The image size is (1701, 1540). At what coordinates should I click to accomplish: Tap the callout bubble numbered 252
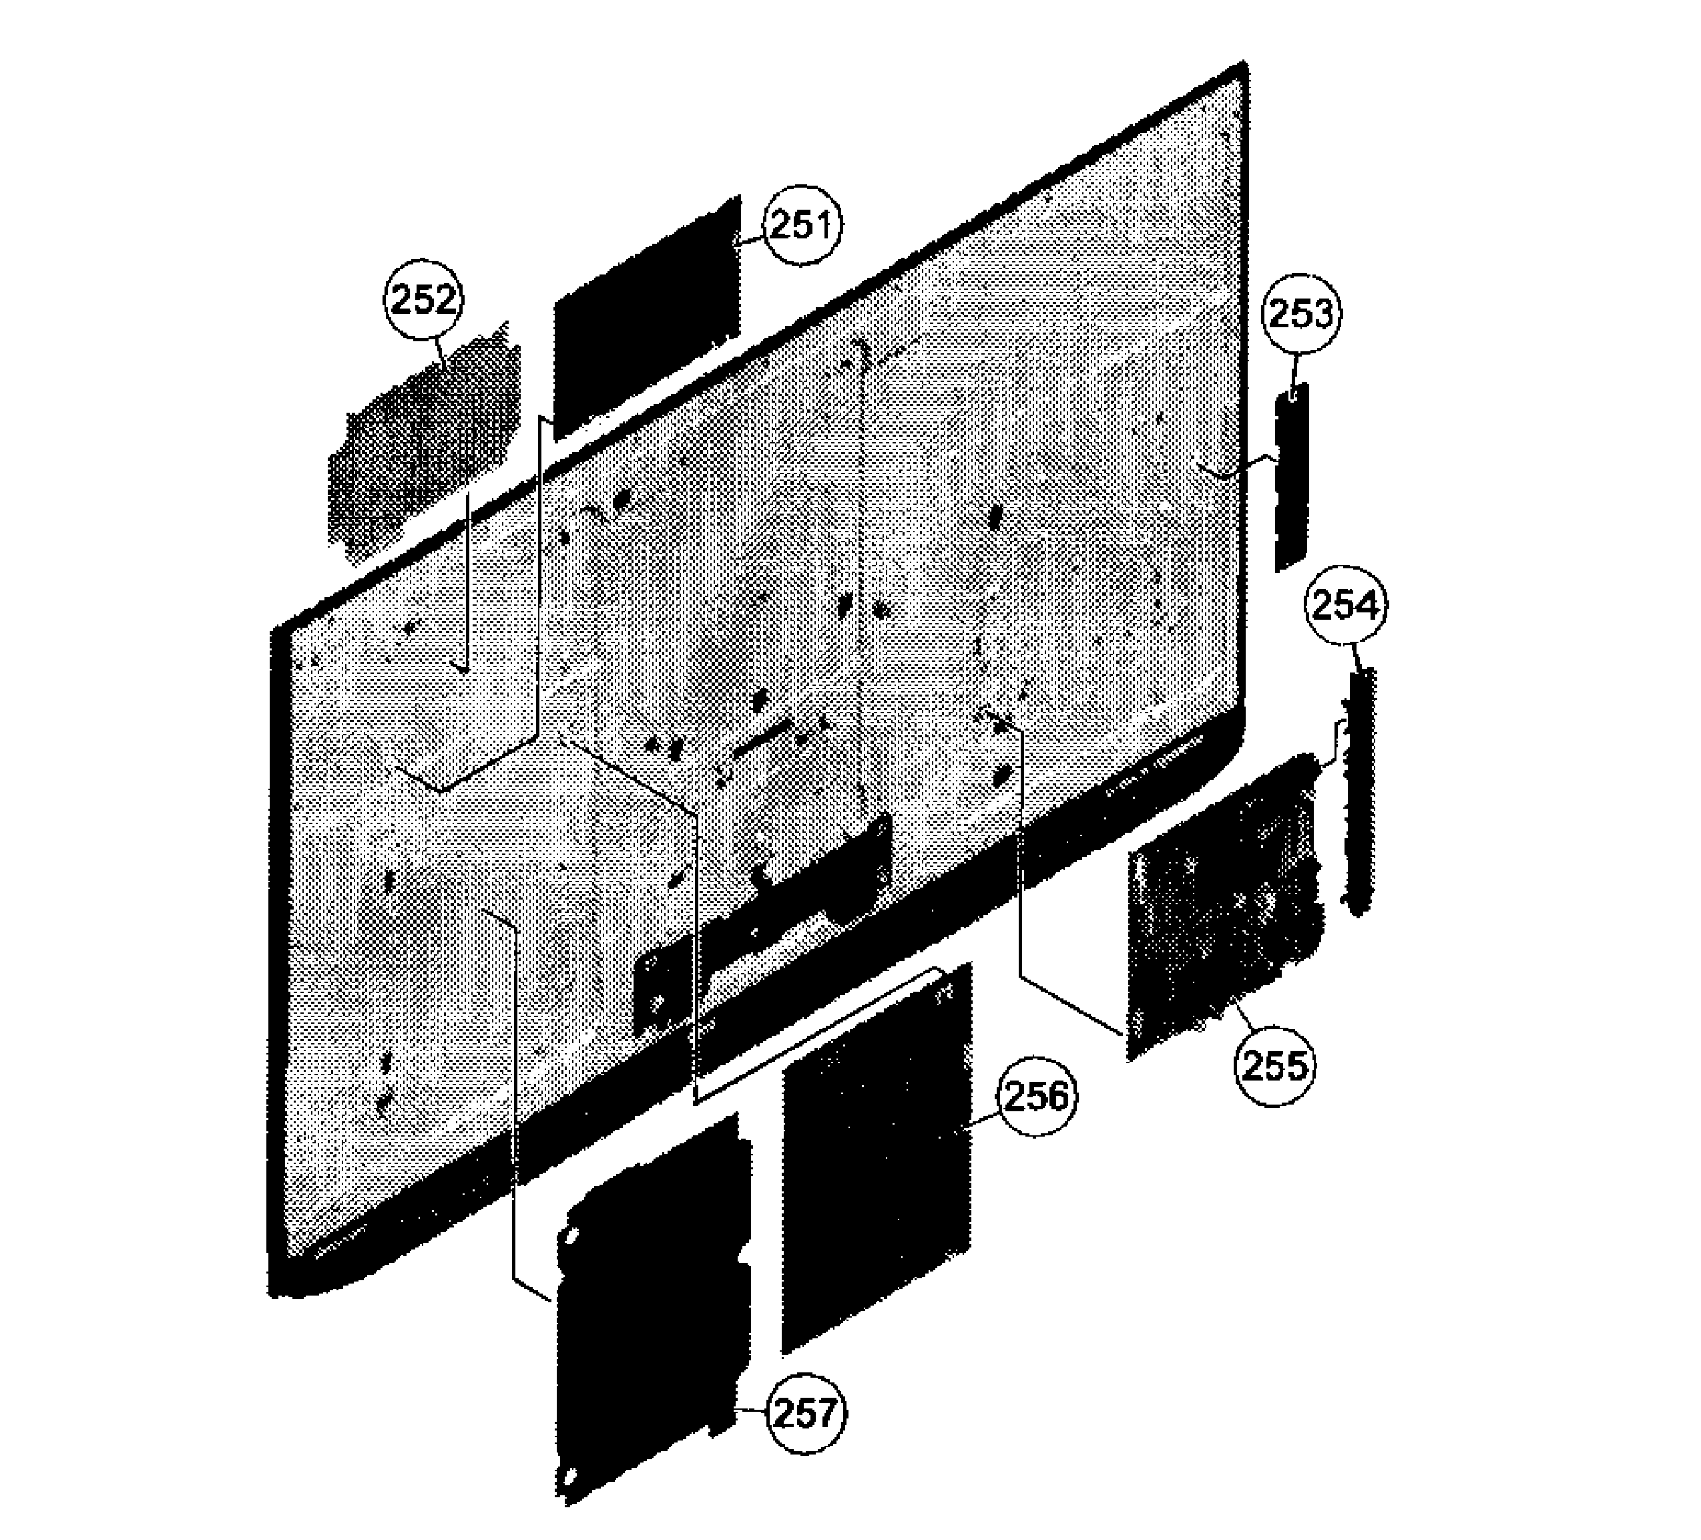coord(425,301)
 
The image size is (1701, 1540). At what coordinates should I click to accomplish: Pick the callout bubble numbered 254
coord(1346,606)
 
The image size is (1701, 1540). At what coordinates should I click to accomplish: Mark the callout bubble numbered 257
coord(806,1412)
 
